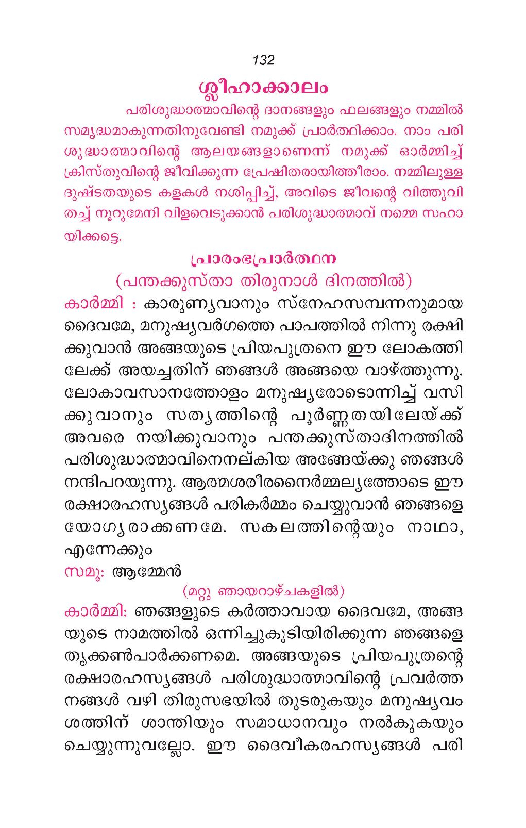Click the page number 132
(x=263, y=60)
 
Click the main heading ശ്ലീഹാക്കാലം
(x=263, y=87)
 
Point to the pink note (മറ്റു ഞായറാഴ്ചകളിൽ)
(x=263, y=591)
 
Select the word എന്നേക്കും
(x=108, y=550)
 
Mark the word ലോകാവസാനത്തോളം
(x=157, y=393)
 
